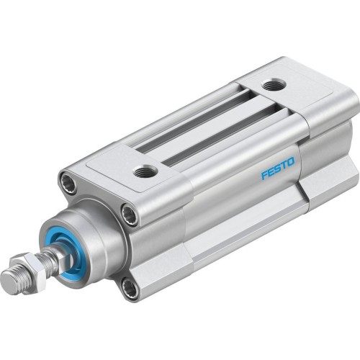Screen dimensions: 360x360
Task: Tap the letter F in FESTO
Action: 264,176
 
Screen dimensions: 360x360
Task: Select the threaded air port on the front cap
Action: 145,171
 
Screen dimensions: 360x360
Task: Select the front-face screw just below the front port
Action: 130,213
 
